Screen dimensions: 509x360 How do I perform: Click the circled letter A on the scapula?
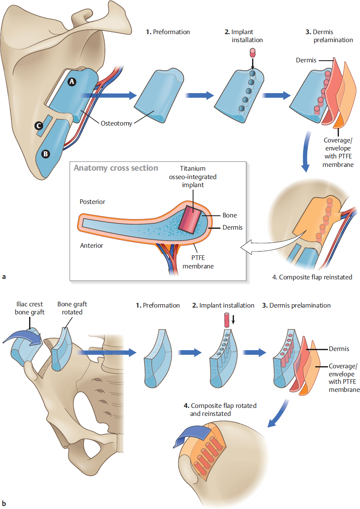pyautogui.click(x=72, y=83)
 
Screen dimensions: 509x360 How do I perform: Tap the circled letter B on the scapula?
pyautogui.click(x=45, y=154)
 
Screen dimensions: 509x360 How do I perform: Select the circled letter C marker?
pyautogui.click(x=39, y=126)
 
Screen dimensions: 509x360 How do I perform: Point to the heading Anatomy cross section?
pyautogui.click(x=116, y=168)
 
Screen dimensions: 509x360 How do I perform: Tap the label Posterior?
pyautogui.click(x=92, y=202)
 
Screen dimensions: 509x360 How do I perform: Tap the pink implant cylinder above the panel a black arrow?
pyautogui.click(x=253, y=53)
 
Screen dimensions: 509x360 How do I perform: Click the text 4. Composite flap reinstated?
pyautogui.click(x=312, y=277)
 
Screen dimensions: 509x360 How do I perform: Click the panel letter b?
pyautogui.click(x=4, y=503)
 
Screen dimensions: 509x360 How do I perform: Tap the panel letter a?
pyautogui.click(x=4, y=277)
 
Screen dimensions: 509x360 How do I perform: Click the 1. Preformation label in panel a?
pyautogui.click(x=168, y=32)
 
